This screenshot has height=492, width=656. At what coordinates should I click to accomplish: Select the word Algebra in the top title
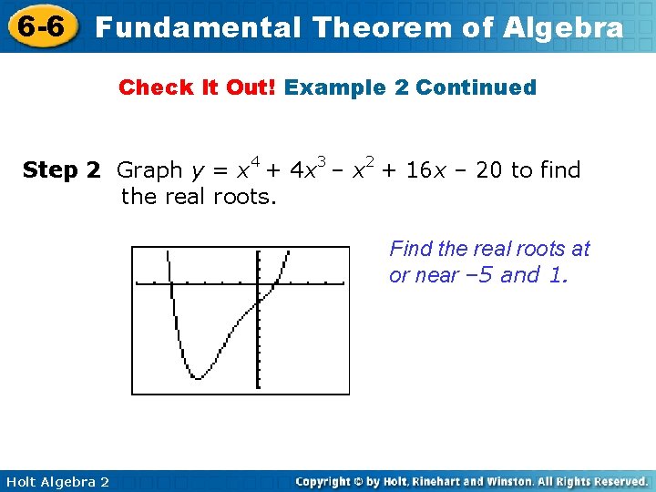click(562, 27)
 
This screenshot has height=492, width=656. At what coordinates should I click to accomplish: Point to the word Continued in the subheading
click(476, 87)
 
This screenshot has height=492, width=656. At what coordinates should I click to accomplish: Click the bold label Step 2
click(61, 170)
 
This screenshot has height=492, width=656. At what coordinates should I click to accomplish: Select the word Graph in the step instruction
click(150, 170)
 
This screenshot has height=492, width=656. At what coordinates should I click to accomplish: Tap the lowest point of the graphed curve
click(198, 376)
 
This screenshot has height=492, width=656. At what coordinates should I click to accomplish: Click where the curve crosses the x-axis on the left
click(171, 284)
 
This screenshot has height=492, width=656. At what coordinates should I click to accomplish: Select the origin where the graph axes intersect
click(259, 284)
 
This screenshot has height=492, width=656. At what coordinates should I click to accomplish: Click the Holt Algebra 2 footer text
click(56, 481)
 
